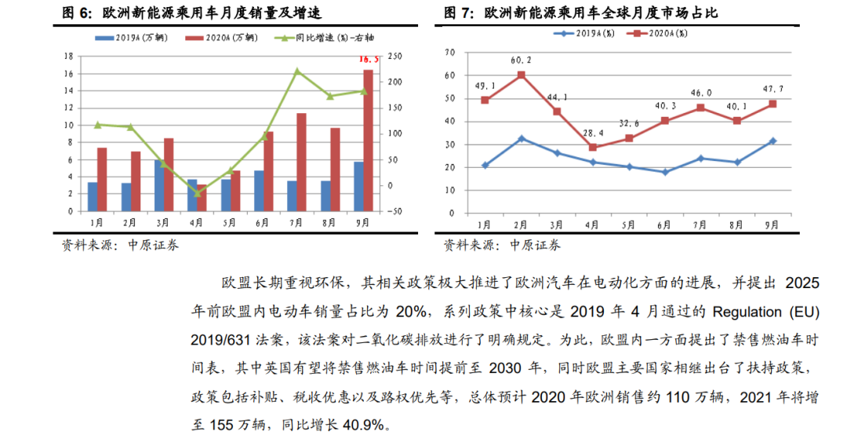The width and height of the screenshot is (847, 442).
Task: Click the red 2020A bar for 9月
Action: click(368, 140)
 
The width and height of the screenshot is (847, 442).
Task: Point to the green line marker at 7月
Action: click(297, 71)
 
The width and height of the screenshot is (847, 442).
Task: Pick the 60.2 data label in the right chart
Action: click(521, 60)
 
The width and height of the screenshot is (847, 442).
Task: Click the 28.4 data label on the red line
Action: click(591, 133)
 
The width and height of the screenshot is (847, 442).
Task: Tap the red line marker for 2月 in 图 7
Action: click(521, 75)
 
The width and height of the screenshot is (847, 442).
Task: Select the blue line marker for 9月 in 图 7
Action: click(772, 141)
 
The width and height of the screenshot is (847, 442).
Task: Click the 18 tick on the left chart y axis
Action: click(69, 57)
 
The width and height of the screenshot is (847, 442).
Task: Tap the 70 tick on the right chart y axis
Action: click(450, 53)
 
